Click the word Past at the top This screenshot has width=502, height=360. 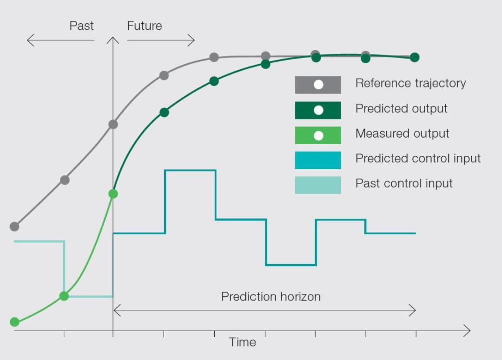(81, 26)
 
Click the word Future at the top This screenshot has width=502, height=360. (145, 26)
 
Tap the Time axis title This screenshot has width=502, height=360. (242, 342)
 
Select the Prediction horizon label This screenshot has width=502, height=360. (271, 297)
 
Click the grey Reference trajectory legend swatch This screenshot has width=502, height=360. (318, 85)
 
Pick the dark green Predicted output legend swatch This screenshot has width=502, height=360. (318, 110)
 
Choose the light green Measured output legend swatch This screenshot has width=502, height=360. (318, 135)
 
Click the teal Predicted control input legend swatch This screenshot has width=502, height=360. (318, 160)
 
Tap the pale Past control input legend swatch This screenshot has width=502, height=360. (318, 185)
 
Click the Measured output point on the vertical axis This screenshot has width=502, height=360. (113, 194)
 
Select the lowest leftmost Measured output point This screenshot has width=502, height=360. (14, 322)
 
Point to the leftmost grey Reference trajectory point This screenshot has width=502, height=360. (14, 227)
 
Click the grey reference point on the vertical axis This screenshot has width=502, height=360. (113, 124)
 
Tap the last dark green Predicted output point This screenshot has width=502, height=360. (415, 57)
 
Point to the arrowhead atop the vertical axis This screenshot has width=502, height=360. (112, 40)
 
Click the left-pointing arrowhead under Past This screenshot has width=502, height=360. (30, 40)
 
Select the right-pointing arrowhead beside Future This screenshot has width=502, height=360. (192, 40)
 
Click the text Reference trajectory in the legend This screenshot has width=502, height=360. (410, 83)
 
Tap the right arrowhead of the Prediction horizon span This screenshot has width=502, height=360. (413, 310)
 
